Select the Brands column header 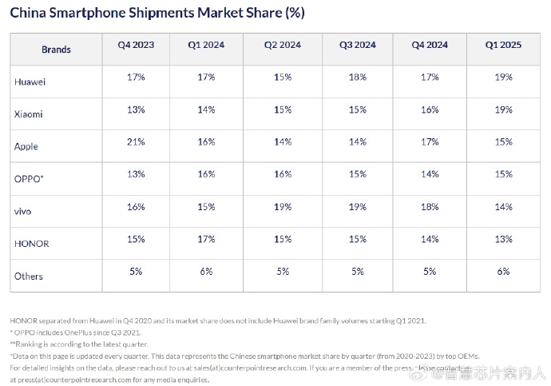56,50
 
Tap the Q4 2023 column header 129,46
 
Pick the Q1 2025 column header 503,46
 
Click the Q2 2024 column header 283,46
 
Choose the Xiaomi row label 28,113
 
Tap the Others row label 28,276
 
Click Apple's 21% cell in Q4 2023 136,141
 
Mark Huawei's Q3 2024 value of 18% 357,77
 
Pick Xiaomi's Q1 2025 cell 503,109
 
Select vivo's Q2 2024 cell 283,206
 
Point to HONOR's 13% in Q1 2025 503,239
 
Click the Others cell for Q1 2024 206,271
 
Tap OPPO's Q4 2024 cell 430,174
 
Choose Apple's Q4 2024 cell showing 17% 430,141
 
